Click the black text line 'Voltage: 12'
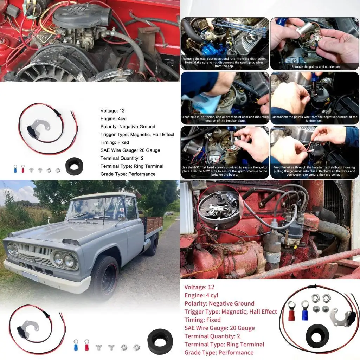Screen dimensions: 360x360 click(x=112, y=111)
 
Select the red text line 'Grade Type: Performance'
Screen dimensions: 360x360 click(x=219, y=352)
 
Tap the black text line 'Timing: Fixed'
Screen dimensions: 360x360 click(x=115, y=142)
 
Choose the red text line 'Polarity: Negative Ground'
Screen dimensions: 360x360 click(x=219, y=303)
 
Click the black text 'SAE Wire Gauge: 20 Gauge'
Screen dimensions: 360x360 click(x=130, y=150)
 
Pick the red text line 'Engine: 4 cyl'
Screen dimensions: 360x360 click(x=201, y=295)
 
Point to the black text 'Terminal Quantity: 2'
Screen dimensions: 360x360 click(x=122, y=158)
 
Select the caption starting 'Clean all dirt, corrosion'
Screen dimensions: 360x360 click(x=225, y=119)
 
